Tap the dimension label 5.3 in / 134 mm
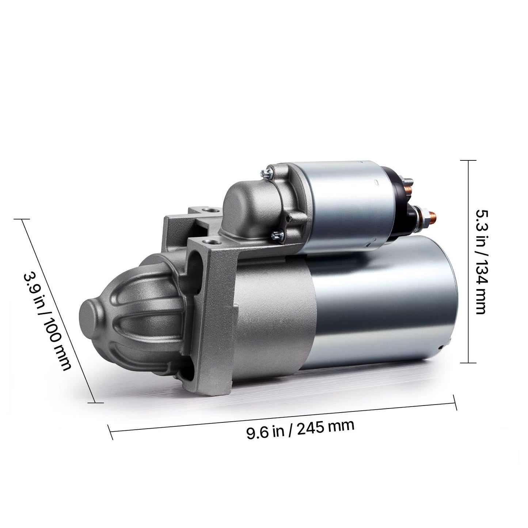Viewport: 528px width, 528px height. coord(480,262)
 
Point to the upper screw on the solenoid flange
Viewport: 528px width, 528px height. coord(267,173)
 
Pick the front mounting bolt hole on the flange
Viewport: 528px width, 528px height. coord(211,243)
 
